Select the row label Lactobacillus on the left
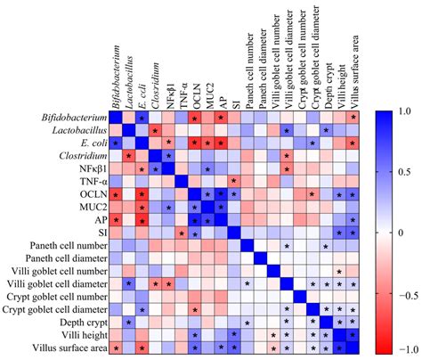point(77,130)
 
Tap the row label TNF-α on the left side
point(90,181)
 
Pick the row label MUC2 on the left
point(89,207)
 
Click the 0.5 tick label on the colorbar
point(402,172)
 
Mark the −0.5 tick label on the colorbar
point(405,290)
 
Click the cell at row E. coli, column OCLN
point(195,143)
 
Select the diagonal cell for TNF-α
point(182,181)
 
